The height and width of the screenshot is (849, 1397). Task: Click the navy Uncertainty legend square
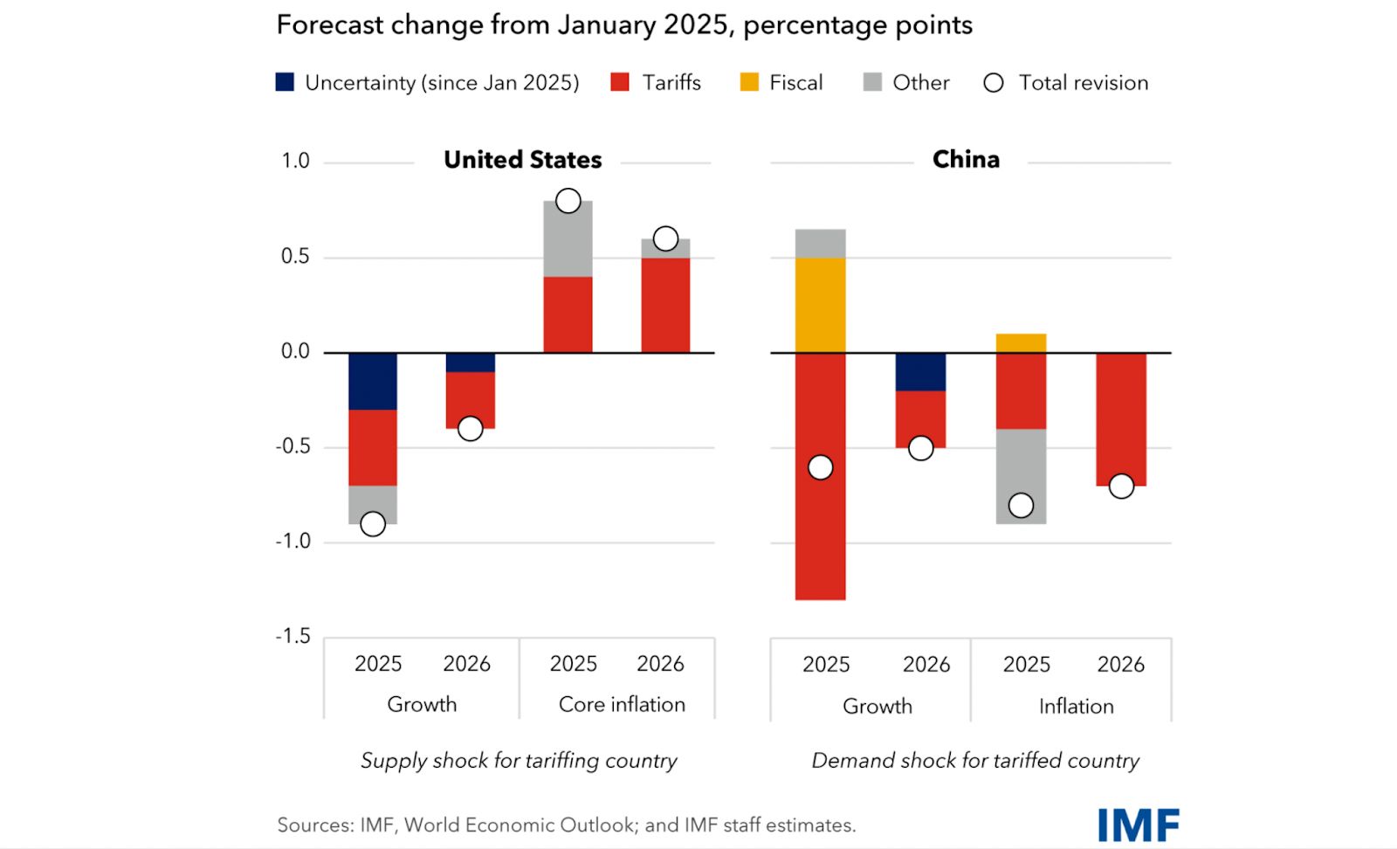[x=285, y=82]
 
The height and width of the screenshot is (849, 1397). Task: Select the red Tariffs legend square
[x=620, y=82]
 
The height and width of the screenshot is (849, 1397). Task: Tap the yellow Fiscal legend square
[x=749, y=82]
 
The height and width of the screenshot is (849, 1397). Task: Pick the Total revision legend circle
[x=994, y=83]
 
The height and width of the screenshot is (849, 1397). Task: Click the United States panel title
[x=522, y=160]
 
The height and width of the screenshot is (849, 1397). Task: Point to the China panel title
[x=966, y=159]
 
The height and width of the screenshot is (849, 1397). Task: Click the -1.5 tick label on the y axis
[x=293, y=636]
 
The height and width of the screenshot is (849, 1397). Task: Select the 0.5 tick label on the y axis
[x=295, y=256]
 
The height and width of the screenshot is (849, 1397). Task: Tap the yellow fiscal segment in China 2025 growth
[x=820, y=305]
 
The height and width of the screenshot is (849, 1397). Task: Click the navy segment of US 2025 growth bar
[x=373, y=381]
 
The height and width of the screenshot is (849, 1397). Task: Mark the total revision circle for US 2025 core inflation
[x=568, y=201]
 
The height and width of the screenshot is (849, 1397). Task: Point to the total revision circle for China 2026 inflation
[x=1121, y=487]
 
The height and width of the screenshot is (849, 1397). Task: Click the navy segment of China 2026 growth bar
[x=920, y=372]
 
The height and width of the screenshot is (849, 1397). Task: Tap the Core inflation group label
[x=622, y=704]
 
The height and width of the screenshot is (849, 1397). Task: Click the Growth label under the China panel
[x=877, y=706]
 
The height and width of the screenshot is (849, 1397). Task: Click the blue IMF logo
[x=1138, y=825]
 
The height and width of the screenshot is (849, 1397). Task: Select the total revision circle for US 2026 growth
[x=471, y=429]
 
